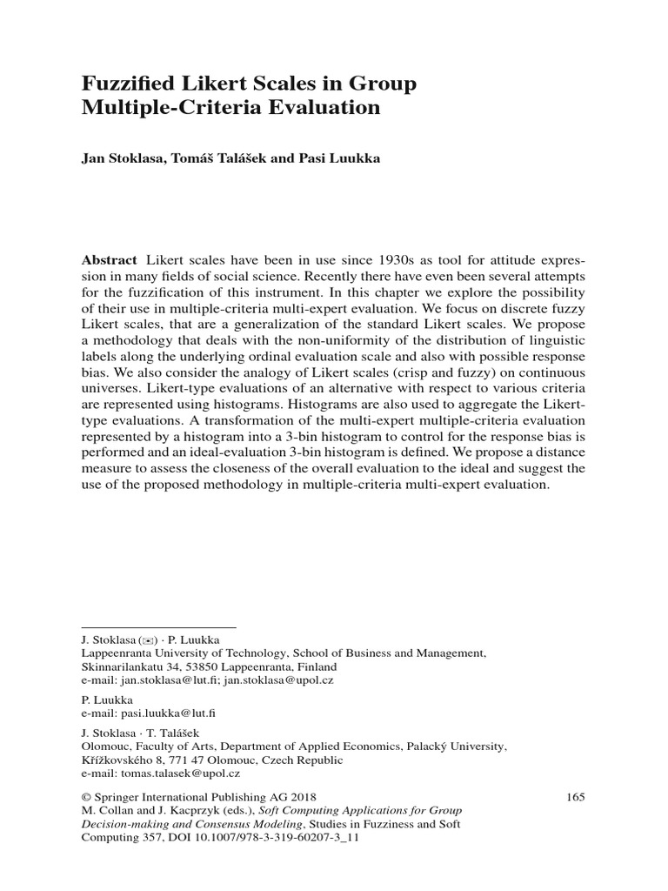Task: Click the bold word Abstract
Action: click(x=109, y=260)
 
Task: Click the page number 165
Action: click(x=575, y=796)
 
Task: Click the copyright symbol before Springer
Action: click(x=85, y=796)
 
